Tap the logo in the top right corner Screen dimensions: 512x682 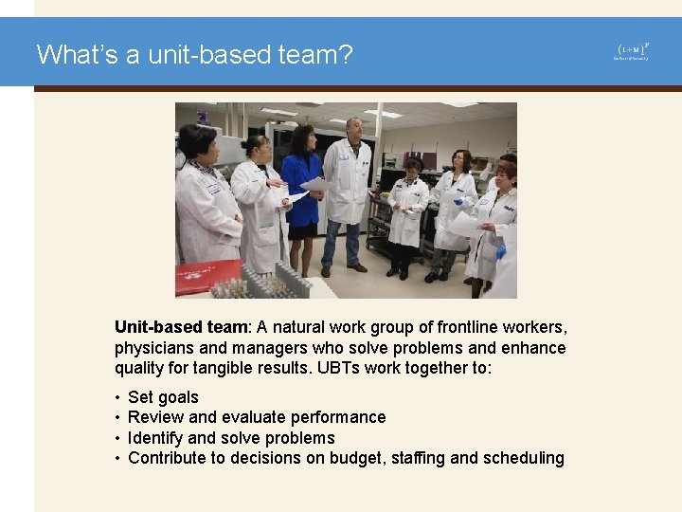pyautogui.click(x=633, y=51)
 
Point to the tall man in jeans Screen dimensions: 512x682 pyautogui.click(x=347, y=194)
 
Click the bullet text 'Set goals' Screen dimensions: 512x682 pyautogui.click(x=163, y=397)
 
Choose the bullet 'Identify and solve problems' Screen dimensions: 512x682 pyautogui.click(x=231, y=438)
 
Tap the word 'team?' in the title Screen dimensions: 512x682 pyautogui.click(x=317, y=54)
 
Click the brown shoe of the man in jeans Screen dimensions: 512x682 pyautogui.click(x=357, y=268)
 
